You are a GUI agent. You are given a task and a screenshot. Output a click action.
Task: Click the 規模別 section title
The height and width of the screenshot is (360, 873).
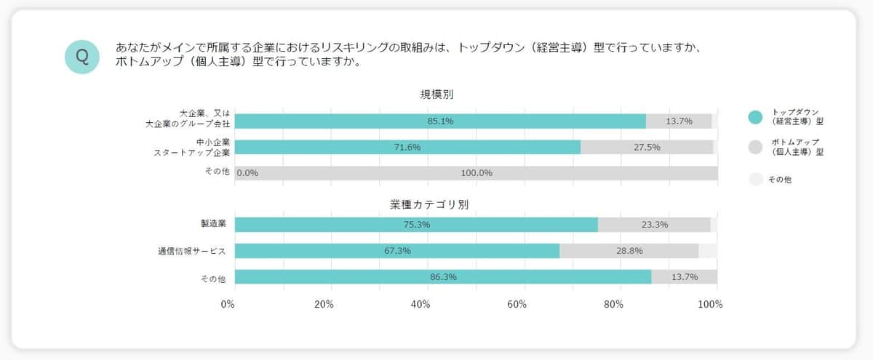[x=437, y=94]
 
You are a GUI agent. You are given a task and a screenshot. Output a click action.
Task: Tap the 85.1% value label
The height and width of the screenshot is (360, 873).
[x=440, y=121]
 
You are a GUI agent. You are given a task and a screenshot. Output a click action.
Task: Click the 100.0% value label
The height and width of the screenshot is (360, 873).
[x=477, y=173]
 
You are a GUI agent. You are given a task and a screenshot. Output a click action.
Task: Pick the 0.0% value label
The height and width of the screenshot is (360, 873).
[x=248, y=173]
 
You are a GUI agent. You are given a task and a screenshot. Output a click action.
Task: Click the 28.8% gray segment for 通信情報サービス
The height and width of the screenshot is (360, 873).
[x=629, y=251]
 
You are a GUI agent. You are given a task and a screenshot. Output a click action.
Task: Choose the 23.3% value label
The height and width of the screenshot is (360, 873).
[x=655, y=225]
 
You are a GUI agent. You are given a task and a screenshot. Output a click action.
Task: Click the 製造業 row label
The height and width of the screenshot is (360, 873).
[x=213, y=224]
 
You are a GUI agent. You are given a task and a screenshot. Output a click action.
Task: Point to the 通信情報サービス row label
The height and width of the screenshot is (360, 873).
[x=192, y=251]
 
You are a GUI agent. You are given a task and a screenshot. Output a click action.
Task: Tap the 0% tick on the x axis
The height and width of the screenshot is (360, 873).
[x=228, y=304]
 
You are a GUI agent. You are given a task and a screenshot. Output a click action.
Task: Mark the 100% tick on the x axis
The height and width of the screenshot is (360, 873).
[x=709, y=304]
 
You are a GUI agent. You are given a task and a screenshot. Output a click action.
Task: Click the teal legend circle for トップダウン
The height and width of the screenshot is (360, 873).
[x=755, y=116]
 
